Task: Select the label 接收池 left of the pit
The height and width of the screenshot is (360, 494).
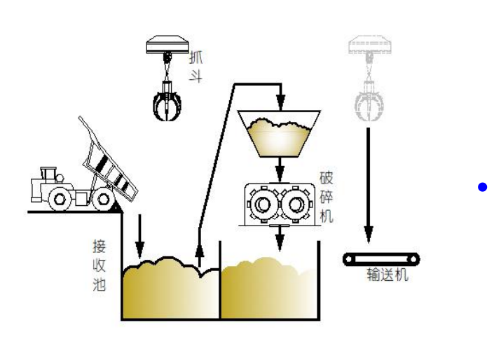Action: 100,265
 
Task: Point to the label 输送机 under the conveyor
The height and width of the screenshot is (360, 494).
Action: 387,275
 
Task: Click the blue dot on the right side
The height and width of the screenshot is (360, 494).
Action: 482,187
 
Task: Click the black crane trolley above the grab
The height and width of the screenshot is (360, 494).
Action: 167,46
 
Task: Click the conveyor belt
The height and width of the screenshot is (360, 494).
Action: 381,259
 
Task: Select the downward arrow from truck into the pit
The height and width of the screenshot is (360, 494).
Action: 139,238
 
